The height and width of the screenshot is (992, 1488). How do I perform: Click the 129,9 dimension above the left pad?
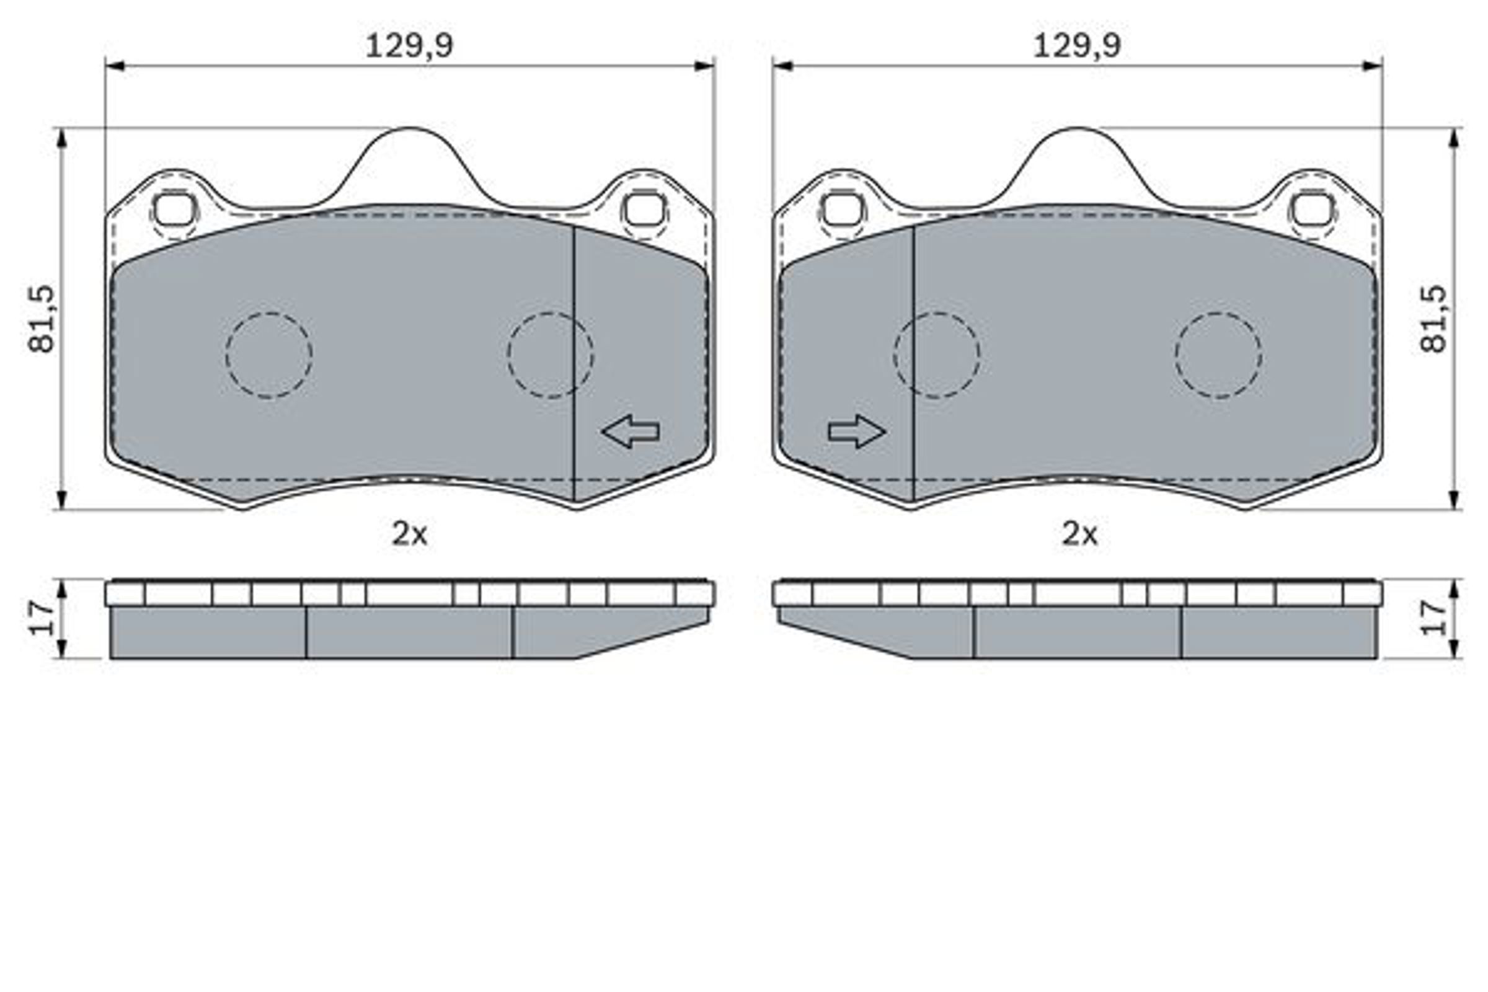pos(409,46)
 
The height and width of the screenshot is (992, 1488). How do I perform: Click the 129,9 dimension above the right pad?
pos(1077,46)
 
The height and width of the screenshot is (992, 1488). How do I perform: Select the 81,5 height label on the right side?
pos(1433,319)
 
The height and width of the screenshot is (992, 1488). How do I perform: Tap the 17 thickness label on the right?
pos(1433,619)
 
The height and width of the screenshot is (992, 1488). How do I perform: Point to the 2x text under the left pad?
pos(409,534)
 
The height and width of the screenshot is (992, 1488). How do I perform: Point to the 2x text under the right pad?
pos(1079,534)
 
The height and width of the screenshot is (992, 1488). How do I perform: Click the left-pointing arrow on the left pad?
pos(631,432)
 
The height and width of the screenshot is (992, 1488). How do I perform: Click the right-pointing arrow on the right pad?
pos(857,432)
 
